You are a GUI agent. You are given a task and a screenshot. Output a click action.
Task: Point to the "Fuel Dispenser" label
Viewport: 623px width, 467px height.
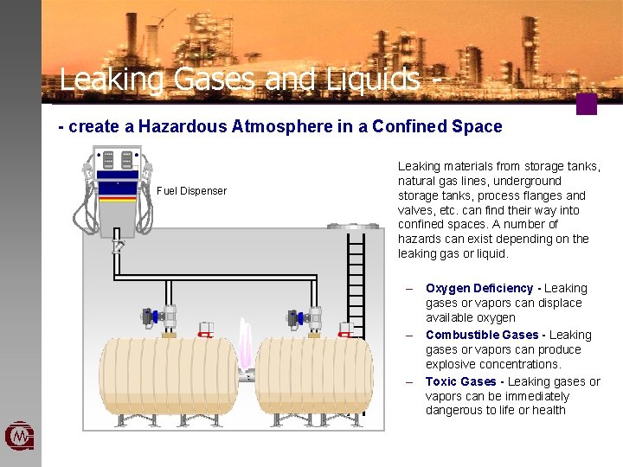(191, 190)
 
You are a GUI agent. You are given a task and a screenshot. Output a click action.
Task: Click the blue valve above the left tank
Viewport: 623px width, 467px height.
(154, 317)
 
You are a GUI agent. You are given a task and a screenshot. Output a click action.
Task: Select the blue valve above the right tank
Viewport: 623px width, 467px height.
(299, 317)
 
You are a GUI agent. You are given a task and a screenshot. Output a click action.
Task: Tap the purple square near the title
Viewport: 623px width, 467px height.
(587, 105)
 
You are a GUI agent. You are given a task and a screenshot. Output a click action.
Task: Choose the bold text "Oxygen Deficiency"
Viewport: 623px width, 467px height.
(479, 288)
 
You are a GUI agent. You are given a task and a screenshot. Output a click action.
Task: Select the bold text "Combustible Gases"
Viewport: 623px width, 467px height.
(482, 335)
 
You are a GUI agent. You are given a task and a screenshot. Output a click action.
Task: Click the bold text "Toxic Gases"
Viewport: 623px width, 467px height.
(460, 381)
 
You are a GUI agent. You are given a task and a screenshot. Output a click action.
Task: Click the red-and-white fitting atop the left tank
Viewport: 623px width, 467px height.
(206, 329)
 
